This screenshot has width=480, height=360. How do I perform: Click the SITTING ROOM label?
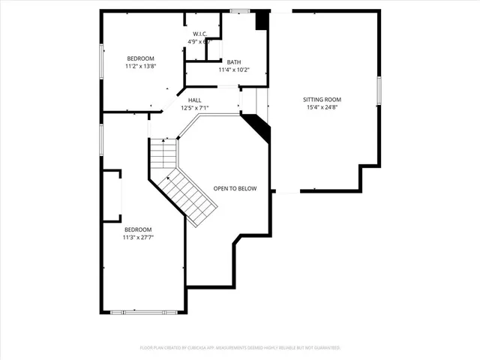tap(322, 100)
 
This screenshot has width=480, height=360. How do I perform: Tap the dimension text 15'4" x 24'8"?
tap(322, 108)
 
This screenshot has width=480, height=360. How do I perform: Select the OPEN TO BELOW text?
tap(235, 188)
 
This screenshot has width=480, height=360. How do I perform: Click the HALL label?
tap(194, 100)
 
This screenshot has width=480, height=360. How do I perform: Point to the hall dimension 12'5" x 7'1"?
tap(194, 108)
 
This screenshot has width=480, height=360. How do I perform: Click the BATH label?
tap(233, 62)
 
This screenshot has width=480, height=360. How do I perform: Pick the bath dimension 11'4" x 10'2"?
tap(233, 70)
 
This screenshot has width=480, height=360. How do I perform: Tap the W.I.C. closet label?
tap(199, 34)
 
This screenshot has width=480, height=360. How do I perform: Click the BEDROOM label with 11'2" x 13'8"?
tap(140, 58)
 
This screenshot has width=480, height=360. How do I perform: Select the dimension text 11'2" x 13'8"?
tap(140, 67)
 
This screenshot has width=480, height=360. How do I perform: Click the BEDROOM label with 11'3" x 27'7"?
tap(138, 229)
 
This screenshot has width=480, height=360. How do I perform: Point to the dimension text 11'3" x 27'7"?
tap(138, 238)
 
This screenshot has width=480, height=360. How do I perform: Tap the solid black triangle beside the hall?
tap(258, 127)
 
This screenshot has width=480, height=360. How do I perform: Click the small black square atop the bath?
tap(261, 21)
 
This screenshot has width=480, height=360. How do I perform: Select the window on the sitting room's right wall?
tap(379, 90)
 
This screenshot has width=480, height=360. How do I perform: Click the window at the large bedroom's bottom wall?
tap(144, 311)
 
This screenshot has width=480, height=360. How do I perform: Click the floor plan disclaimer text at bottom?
tap(240, 348)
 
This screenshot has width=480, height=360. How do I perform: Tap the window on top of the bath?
tap(240, 10)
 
